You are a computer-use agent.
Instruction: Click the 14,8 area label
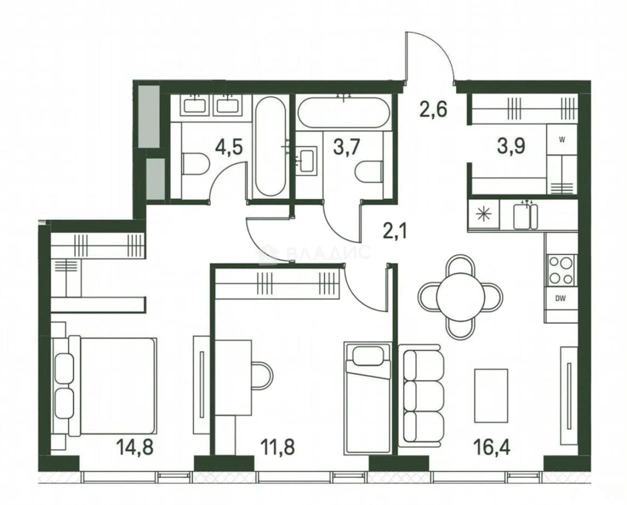[135, 447]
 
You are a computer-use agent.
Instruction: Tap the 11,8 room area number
[277, 447]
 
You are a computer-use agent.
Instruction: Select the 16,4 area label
[492, 447]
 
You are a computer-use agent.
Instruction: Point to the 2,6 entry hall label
[433, 109]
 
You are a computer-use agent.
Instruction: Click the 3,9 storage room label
[511, 145]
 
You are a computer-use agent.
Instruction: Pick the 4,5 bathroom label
[228, 147]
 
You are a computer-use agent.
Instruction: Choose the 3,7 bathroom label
[347, 147]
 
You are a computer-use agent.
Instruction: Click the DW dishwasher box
[560, 298]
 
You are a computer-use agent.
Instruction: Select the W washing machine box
[561, 139]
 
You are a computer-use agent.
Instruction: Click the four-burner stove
[561, 270]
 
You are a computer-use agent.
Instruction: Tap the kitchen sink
[525, 216]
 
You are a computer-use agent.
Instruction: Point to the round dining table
[460, 296]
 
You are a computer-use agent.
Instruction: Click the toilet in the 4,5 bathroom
[195, 164]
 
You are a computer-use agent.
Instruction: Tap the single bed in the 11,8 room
[367, 398]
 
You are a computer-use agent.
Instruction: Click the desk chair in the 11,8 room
[262, 376]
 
